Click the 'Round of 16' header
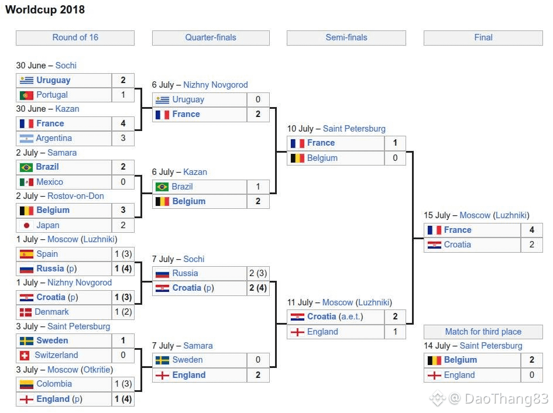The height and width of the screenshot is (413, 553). click(x=75, y=38)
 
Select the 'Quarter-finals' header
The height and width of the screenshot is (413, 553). click(x=211, y=38)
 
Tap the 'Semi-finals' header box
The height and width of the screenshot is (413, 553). click(x=346, y=38)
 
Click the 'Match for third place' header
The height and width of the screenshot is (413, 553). click(x=483, y=332)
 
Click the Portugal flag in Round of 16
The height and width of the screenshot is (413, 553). click(x=26, y=95)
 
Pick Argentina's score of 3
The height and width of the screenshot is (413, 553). click(x=123, y=138)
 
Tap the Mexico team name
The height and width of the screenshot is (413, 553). click(x=50, y=182)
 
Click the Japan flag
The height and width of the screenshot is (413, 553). click(x=26, y=225)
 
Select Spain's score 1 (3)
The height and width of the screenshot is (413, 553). click(x=123, y=254)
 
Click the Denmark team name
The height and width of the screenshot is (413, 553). click(x=52, y=312)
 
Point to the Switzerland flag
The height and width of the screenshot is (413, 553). click(x=25, y=356)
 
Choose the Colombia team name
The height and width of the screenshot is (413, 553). click(x=54, y=384)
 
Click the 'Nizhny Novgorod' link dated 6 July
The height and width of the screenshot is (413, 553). click(x=215, y=85)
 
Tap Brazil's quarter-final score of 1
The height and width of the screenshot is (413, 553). click(x=258, y=187)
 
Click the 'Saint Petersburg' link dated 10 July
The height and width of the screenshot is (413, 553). click(x=354, y=129)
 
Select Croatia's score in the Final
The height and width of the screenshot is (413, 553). click(x=532, y=245)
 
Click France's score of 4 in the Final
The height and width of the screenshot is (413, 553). click(x=532, y=230)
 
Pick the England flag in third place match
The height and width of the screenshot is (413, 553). click(x=434, y=376)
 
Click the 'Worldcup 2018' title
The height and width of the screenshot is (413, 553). click(x=45, y=9)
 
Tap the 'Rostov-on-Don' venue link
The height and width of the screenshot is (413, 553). click(x=75, y=196)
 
